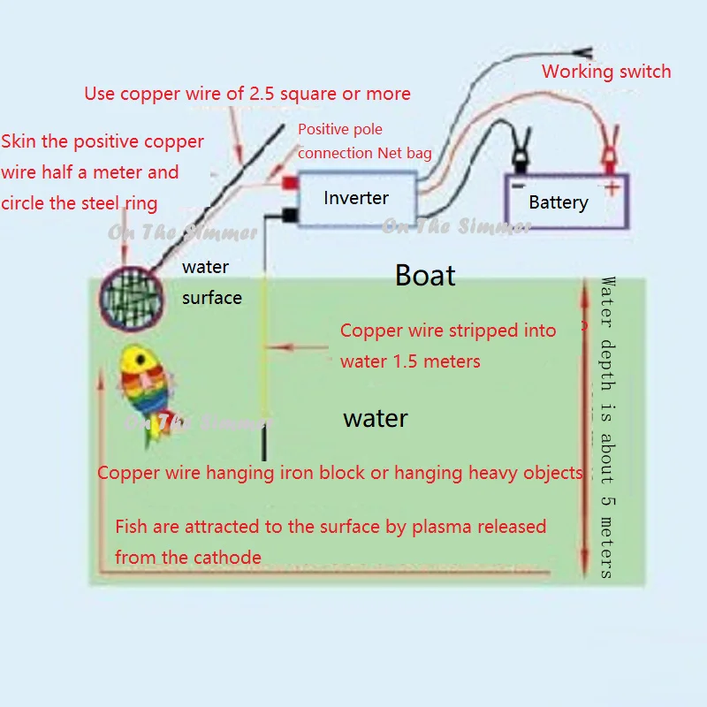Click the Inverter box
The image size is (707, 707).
pyautogui.click(x=357, y=198)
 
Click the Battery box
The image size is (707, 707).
pyautogui.click(x=566, y=201)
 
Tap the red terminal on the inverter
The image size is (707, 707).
pyautogui.click(x=290, y=184)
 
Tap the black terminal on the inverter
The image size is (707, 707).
pyautogui.click(x=290, y=215)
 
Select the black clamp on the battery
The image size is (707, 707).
pyautogui.click(x=521, y=151)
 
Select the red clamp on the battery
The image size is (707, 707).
pyautogui.click(x=610, y=149)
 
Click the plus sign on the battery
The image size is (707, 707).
pyautogui.click(x=612, y=187)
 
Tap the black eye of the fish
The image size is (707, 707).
pyautogui.click(x=141, y=360)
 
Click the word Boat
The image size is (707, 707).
pyautogui.click(x=425, y=275)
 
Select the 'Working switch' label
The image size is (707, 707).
pyautogui.click(x=606, y=72)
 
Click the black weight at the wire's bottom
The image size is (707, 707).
pyautogui.click(x=264, y=444)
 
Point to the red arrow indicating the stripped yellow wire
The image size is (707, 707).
pyautogui.click(x=298, y=347)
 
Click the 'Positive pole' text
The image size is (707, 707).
pyautogui.click(x=340, y=129)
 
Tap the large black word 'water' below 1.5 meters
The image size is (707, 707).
pyautogui.click(x=375, y=418)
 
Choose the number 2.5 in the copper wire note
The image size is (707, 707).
pyautogui.click(x=262, y=94)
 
